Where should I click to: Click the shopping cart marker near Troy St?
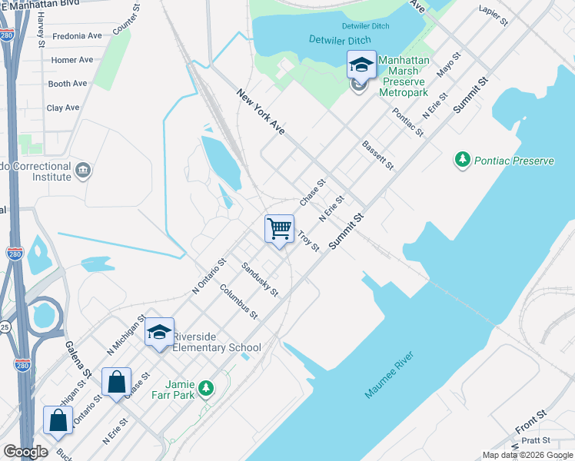(x=280, y=228)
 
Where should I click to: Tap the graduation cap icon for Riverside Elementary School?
(x=159, y=332)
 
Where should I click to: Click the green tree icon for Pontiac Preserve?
(x=462, y=161)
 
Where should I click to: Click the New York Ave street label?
(x=261, y=112)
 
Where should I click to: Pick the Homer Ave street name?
(x=71, y=60)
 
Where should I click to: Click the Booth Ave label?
(x=68, y=84)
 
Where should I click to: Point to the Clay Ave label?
(x=63, y=108)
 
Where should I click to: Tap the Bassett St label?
(x=377, y=155)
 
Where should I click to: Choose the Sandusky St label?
(x=260, y=279)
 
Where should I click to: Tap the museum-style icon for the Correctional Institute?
(x=84, y=169)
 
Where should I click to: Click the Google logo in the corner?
(x=25, y=452)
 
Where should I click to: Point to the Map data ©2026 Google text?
(x=527, y=455)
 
